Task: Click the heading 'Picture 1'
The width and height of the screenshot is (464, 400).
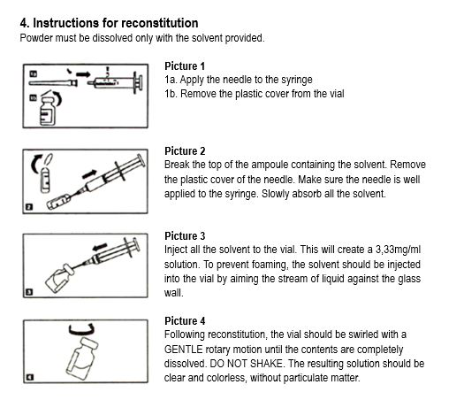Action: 185,66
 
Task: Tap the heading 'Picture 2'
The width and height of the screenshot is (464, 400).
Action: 185,151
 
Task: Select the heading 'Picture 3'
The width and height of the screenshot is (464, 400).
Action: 185,236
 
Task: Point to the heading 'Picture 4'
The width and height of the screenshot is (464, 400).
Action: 185,321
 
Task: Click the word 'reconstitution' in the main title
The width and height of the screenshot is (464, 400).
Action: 160,23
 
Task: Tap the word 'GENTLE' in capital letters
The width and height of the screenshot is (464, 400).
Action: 184,350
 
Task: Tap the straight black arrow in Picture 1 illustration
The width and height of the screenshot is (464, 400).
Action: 83,74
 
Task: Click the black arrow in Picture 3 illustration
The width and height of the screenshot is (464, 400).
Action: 99,247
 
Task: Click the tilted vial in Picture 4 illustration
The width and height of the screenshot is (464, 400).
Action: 81,359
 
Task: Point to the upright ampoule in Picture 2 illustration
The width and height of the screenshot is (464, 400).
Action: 45,181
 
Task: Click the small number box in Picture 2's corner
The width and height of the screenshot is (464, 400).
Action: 29,207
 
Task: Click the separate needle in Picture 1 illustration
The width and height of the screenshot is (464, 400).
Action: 53,83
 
